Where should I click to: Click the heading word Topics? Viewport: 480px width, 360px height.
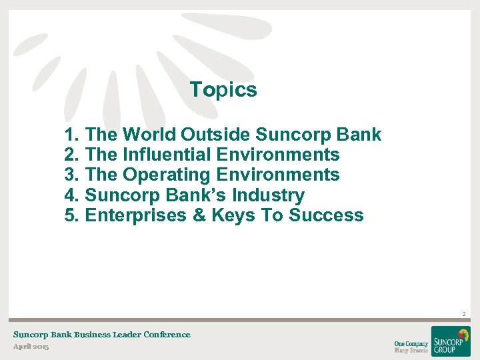click(x=223, y=90)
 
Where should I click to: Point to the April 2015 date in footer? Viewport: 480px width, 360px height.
click(x=31, y=347)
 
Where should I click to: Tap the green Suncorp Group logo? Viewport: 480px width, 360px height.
click(x=451, y=341)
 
